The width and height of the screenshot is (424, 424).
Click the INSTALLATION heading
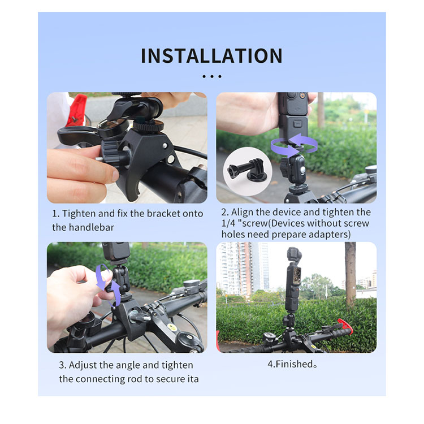(x=212, y=56)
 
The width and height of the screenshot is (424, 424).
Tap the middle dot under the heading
(x=212, y=76)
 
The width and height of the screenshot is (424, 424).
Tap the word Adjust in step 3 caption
(x=83, y=365)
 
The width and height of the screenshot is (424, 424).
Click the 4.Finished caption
(x=292, y=364)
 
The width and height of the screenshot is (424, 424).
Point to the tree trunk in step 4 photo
(x=350, y=273)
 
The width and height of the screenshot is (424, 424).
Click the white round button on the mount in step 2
(x=303, y=170)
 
